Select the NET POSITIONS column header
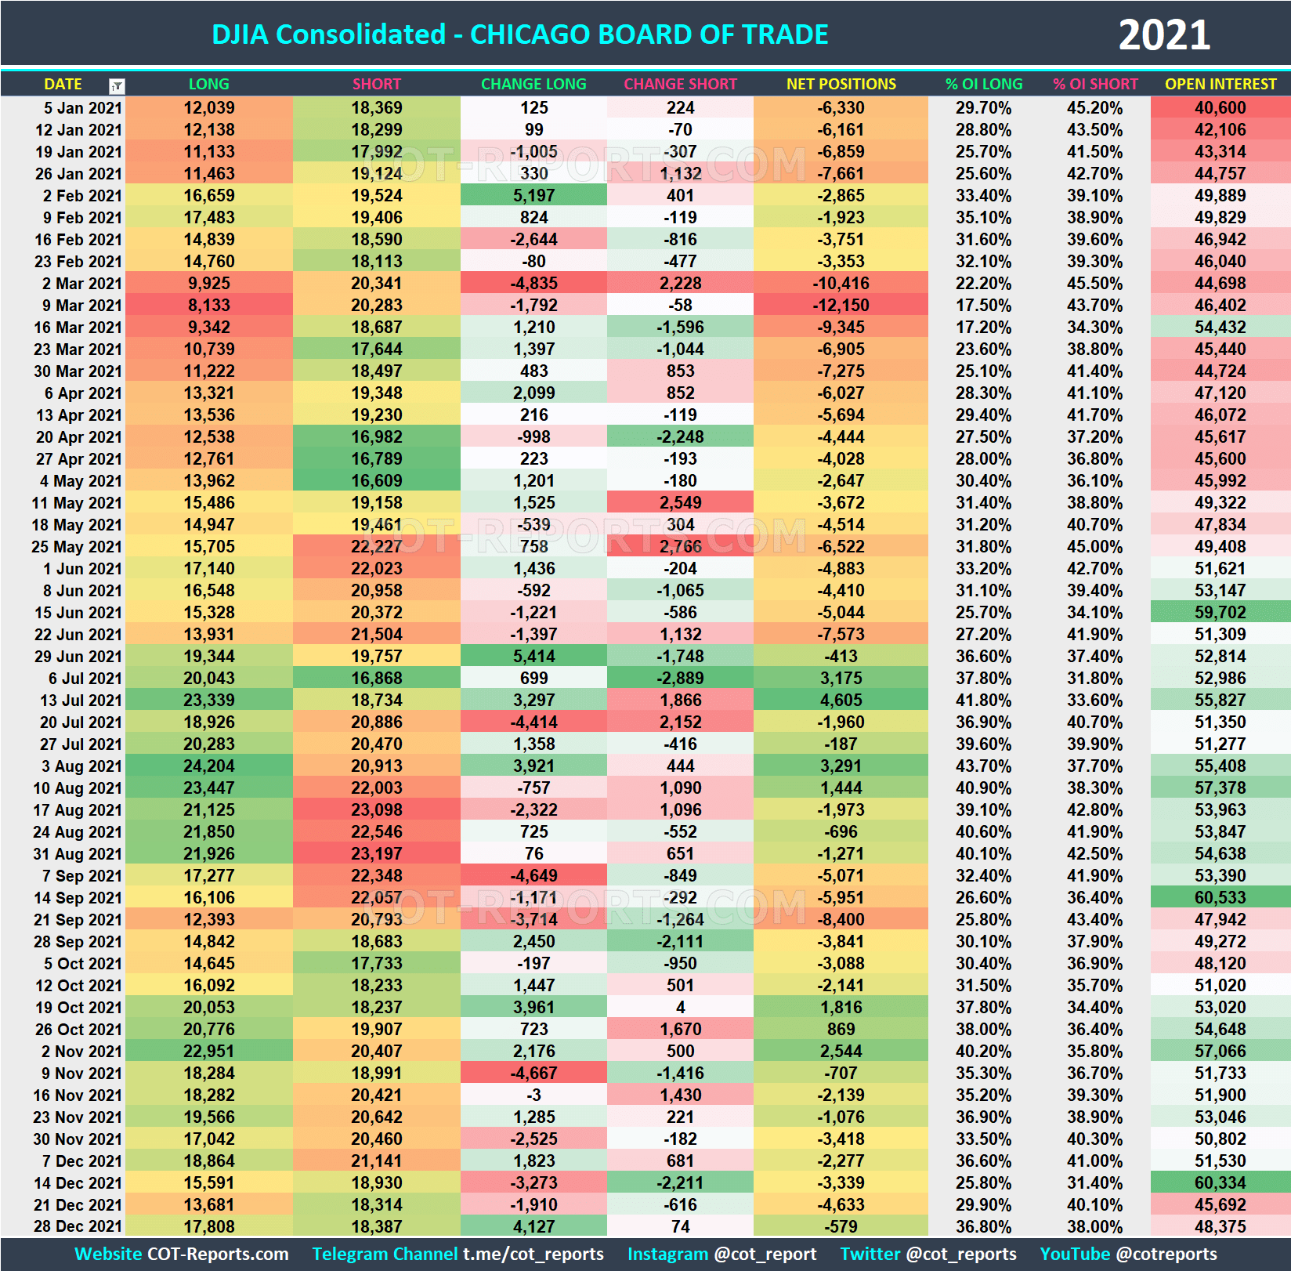coord(841,84)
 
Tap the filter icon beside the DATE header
coord(117,85)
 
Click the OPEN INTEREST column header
coord(1220,84)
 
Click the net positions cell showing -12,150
coord(841,306)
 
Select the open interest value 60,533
coord(1220,898)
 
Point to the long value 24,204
coord(208,766)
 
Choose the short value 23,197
coord(376,854)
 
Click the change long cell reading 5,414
coord(533,657)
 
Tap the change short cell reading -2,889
coord(680,679)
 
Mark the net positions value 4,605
coord(841,701)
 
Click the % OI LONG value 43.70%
coord(983,766)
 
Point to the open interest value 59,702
coord(1220,613)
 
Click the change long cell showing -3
coord(533,1095)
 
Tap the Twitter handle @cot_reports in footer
coord(960,1255)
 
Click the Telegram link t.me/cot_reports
coord(533,1255)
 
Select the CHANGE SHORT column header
coord(680,84)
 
